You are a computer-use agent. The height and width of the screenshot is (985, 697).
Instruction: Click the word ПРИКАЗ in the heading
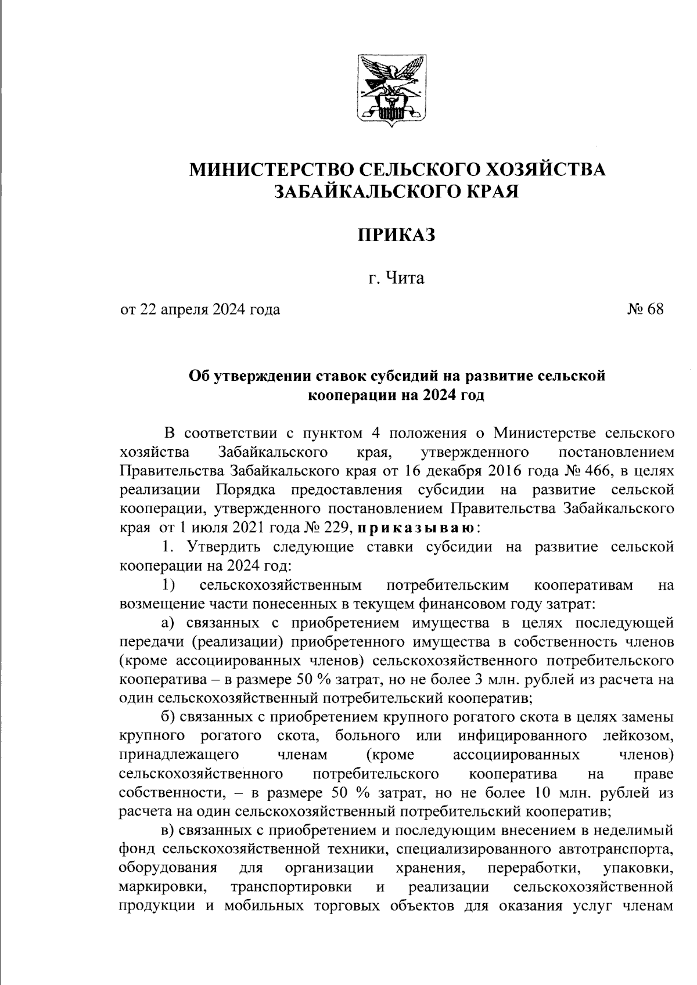(x=396, y=235)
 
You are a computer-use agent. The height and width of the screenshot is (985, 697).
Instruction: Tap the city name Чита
(x=405, y=278)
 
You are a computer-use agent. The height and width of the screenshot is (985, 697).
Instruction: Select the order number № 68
(x=645, y=309)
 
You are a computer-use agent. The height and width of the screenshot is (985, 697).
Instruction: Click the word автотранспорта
(x=615, y=849)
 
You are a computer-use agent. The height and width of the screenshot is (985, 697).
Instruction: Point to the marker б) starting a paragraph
(x=168, y=717)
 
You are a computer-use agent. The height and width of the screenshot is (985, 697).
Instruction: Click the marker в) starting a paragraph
(x=168, y=831)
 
